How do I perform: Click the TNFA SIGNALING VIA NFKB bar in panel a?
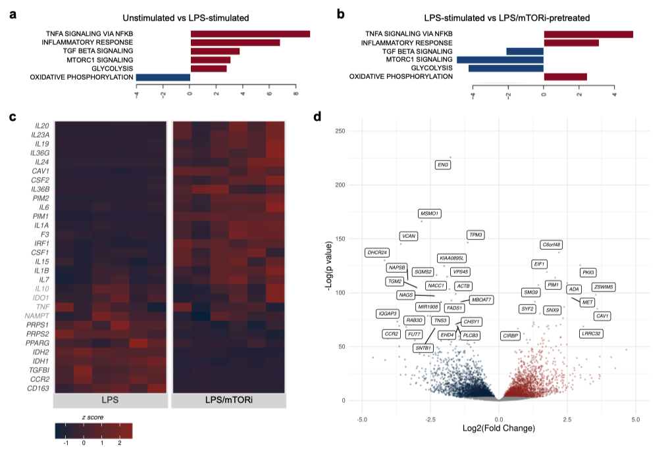click(250, 34)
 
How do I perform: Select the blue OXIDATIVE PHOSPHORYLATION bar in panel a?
click(163, 77)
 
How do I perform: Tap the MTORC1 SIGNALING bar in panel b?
click(500, 59)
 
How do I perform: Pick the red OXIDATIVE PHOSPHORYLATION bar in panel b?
click(565, 76)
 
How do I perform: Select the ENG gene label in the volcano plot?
click(443, 165)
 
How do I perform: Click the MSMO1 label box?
click(430, 214)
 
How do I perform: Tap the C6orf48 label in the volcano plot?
click(550, 245)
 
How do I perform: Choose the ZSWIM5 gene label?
click(604, 287)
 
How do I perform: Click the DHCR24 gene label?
click(377, 252)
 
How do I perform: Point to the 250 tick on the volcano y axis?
click(340, 131)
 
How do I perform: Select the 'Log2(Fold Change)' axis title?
click(498, 429)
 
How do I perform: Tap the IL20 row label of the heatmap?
click(40, 126)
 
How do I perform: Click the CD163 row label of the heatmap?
click(38, 389)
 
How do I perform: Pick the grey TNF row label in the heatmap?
click(43, 306)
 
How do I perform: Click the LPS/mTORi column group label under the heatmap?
click(228, 401)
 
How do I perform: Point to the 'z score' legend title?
click(91, 417)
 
